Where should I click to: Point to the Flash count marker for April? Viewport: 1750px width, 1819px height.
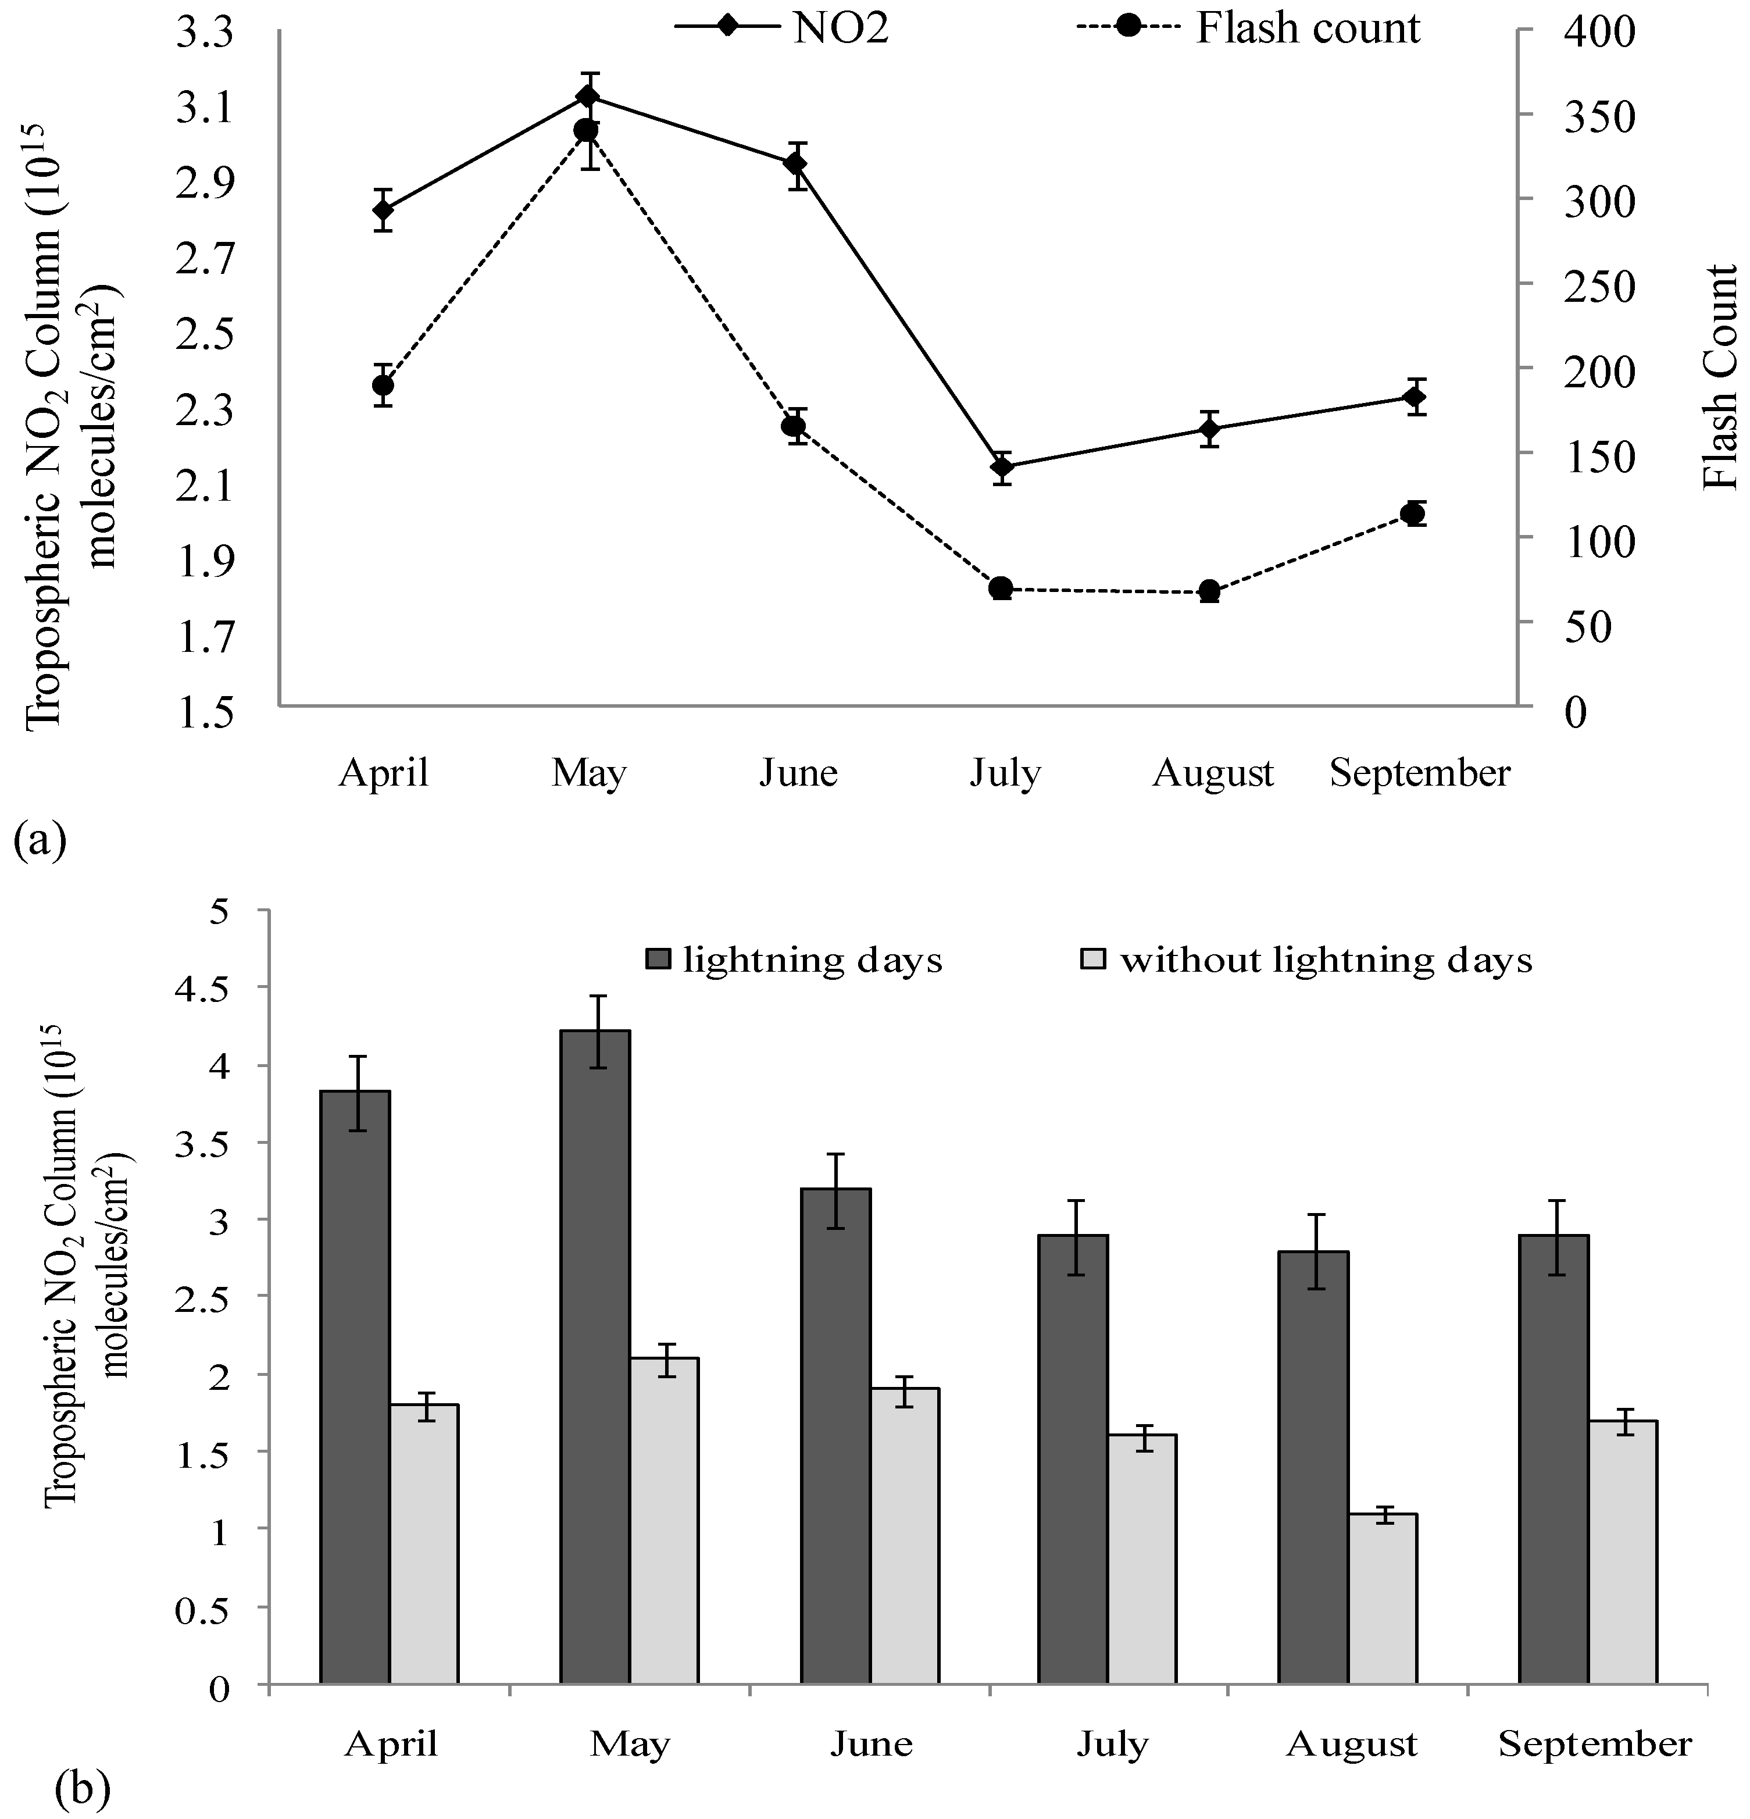(383, 385)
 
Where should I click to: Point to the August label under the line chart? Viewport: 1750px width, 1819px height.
(1213, 772)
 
